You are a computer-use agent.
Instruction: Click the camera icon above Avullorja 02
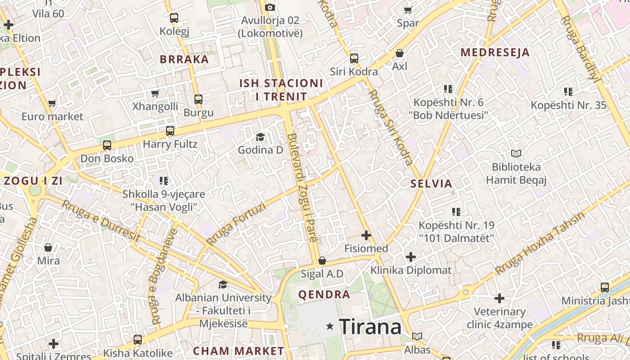click(270, 7)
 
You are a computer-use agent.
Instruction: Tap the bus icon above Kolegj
click(174, 18)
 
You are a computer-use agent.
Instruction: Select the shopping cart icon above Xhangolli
click(155, 93)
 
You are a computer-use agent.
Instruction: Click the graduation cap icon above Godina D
click(260, 137)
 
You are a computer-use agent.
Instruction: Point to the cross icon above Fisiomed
click(366, 235)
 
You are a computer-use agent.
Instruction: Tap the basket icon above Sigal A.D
click(322, 261)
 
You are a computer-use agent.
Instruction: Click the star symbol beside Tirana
click(330, 326)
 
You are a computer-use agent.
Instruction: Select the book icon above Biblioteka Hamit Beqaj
click(516, 154)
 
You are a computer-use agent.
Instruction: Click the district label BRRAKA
click(184, 59)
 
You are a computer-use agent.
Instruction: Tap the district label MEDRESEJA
click(495, 52)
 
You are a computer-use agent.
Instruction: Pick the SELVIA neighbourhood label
click(431, 184)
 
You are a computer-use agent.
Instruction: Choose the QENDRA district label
click(324, 295)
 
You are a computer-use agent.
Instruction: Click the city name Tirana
click(370, 326)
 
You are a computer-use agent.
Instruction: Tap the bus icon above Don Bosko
click(107, 145)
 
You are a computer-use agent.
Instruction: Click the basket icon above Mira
click(48, 247)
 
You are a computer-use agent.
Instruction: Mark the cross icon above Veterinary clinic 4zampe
click(499, 298)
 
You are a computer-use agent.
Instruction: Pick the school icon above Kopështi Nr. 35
click(568, 92)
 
